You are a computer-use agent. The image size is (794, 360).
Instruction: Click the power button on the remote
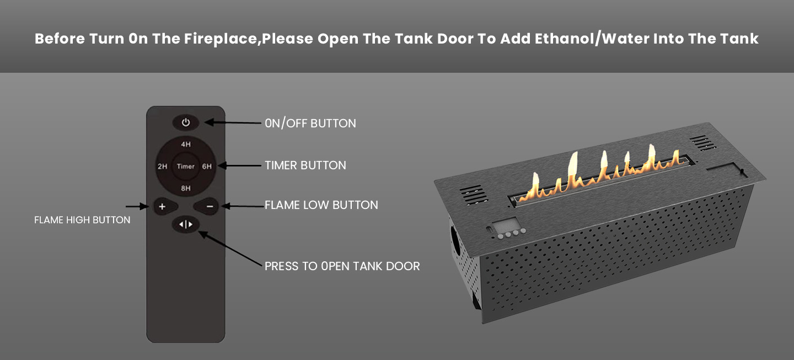[x=186, y=122]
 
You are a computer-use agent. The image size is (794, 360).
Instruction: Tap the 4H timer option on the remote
[x=186, y=144]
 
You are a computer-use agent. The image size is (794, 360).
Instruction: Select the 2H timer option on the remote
[x=162, y=166]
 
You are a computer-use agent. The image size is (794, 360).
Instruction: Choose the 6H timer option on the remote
[x=207, y=166]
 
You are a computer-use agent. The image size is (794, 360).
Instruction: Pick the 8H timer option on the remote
[x=186, y=188]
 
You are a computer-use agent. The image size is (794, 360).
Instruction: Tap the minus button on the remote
[x=206, y=206]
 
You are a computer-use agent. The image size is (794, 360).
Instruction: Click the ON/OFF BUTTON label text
[x=310, y=123]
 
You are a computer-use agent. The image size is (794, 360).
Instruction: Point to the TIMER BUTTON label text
[x=305, y=165]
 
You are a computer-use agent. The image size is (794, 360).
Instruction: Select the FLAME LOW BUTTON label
[x=321, y=205]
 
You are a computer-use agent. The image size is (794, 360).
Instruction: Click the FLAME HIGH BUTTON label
[x=82, y=219]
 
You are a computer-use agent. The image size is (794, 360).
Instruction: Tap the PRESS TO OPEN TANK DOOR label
[x=342, y=266]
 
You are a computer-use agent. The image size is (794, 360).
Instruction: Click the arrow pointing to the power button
[x=233, y=122]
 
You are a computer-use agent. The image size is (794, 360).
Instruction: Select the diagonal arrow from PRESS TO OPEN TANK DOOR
[x=230, y=248]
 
